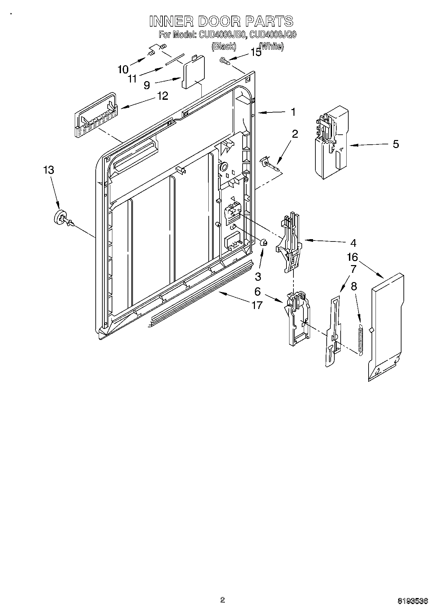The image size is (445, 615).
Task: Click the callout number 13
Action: coord(49,170)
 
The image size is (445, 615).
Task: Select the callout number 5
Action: coord(395,144)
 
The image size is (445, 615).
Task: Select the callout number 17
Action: coord(257,305)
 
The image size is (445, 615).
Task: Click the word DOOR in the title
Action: coord(221,21)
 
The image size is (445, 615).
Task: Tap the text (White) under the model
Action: coord(272,46)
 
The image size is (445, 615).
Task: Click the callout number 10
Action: coord(123,70)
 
